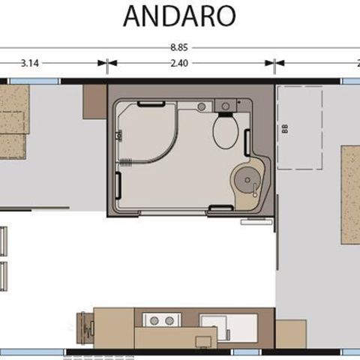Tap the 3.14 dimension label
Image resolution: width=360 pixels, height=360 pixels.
pos(30,63)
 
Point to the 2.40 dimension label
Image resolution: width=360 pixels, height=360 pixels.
pos(178,63)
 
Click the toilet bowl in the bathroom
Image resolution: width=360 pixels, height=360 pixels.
pos(225,132)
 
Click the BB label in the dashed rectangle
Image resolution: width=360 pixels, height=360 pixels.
pos(284,127)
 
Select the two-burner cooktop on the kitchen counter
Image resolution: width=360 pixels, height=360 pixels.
pos(160,320)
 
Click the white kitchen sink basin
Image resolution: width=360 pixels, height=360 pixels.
pos(227,326)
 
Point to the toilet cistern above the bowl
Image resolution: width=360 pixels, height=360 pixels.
pos(223,106)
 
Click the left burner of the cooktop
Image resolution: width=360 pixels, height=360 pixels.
pos(154,320)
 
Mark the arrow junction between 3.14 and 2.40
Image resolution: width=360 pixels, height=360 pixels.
pos(107,63)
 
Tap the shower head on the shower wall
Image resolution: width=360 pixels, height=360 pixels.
pos(119,135)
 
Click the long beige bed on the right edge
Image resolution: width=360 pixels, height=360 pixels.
pos(350,194)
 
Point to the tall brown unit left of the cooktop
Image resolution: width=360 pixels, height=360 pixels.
pos(114,328)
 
